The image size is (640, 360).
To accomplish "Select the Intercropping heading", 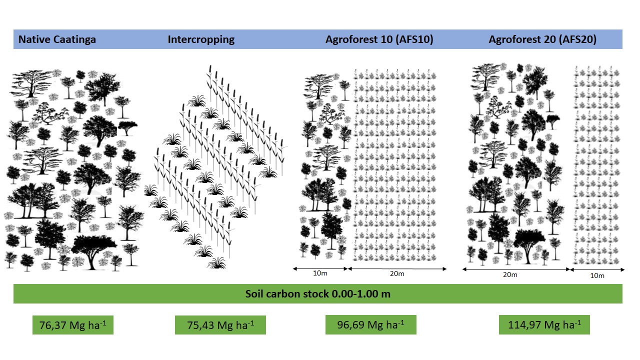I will (201, 39).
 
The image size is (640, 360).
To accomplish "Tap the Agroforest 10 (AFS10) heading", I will (379, 39).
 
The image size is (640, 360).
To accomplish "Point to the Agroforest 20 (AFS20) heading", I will (542, 39).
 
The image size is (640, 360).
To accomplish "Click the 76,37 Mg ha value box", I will (72, 325).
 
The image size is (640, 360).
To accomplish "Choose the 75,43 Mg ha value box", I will (220, 325).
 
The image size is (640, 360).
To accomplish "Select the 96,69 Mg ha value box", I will (370, 325).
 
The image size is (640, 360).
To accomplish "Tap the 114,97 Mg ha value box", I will (544, 325).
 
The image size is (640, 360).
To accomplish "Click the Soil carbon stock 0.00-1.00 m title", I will (317, 294).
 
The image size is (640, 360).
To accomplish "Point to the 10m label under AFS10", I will (320, 274).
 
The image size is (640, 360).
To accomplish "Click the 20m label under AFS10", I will (397, 274).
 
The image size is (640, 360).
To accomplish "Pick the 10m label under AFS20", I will (597, 275).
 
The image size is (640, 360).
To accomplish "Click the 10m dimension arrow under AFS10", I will (320, 268).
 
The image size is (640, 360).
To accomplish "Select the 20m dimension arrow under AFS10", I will (397, 268).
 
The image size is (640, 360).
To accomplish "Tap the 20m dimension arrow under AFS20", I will (516, 269).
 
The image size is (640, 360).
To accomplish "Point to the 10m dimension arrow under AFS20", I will (597, 270).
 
